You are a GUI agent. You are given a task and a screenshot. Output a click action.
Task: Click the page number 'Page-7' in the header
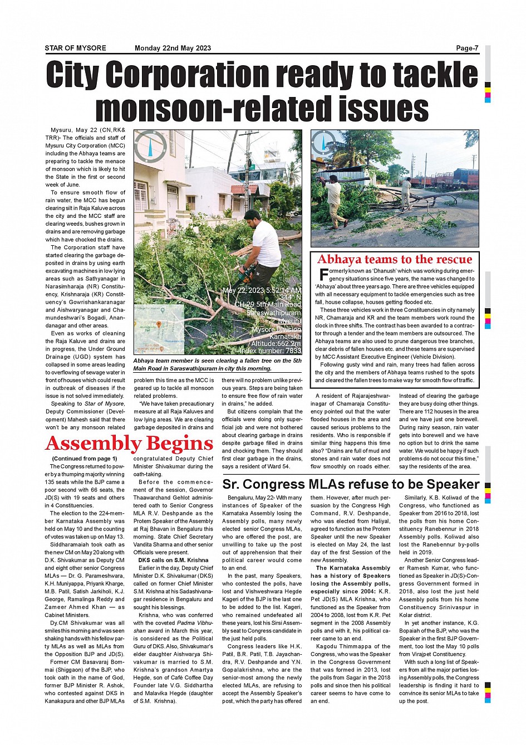coord(467,48)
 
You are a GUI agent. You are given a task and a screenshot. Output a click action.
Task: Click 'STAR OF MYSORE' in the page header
coord(75,48)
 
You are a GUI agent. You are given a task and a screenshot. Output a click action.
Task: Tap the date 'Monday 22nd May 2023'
coord(173,48)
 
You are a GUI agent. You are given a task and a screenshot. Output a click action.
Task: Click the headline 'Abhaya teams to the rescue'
coord(395,259)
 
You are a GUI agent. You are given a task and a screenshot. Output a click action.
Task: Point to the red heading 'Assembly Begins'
coord(129,444)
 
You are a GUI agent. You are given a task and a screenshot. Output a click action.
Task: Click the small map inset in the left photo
coord(159,329)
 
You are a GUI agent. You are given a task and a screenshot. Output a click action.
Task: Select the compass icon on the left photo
coord(150,146)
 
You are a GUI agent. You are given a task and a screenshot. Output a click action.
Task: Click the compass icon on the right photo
coord(323,143)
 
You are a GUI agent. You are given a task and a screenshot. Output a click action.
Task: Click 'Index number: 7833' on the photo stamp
coord(270,351)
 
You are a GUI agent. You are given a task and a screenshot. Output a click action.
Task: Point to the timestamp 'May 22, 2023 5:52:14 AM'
coord(262,291)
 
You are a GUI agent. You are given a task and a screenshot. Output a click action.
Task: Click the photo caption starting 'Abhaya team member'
coord(217,364)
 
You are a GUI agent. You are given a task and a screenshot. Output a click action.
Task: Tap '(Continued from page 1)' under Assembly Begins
coord(84,459)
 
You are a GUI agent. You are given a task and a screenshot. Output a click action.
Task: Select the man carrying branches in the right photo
coord(334,199)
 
